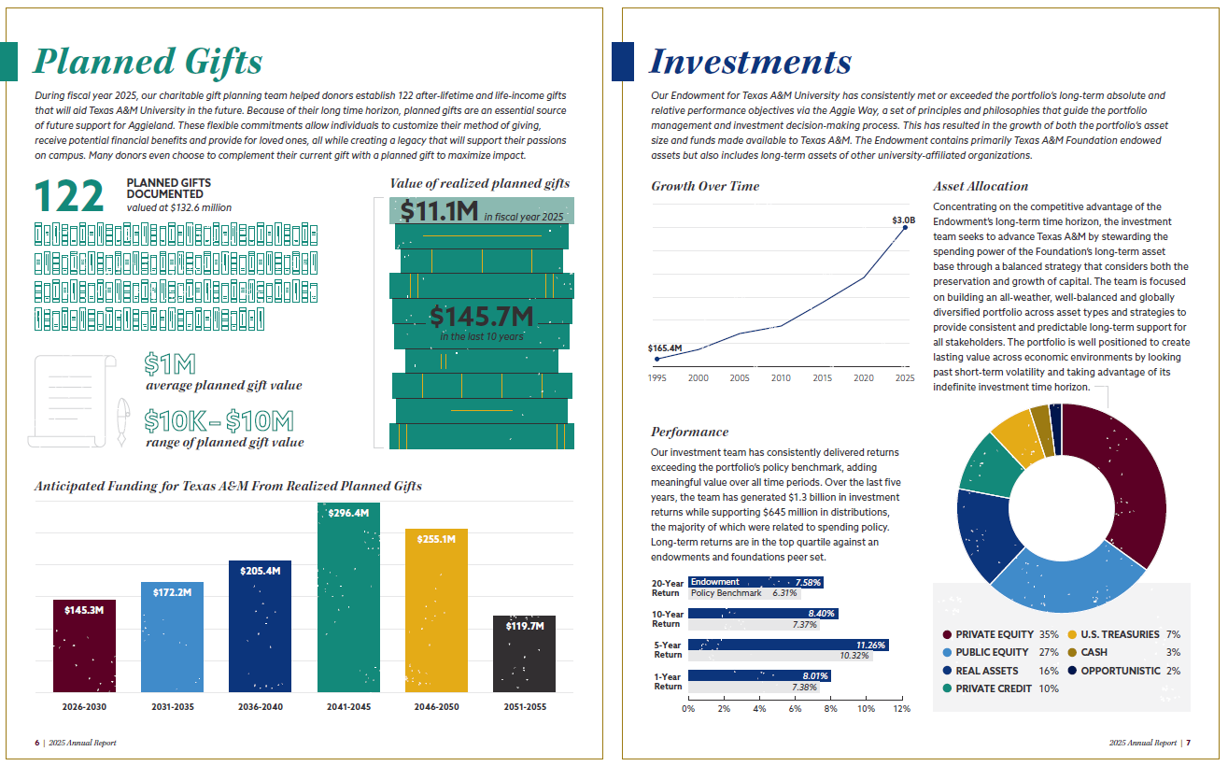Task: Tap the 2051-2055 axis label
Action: [x=524, y=707]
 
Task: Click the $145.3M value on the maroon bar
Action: [x=84, y=610]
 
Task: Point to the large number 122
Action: [x=69, y=196]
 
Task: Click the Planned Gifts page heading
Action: [x=148, y=62]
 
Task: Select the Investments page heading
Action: [x=750, y=62]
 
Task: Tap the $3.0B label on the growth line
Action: [x=903, y=220]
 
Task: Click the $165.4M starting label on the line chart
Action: [x=665, y=348]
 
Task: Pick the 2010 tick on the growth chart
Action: [x=781, y=378]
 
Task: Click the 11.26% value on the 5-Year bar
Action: [x=870, y=645]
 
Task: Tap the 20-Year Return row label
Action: [x=666, y=588]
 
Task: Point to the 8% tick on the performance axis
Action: [x=830, y=709]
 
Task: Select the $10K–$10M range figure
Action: [x=219, y=421]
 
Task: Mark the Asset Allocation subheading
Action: [x=981, y=186]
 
